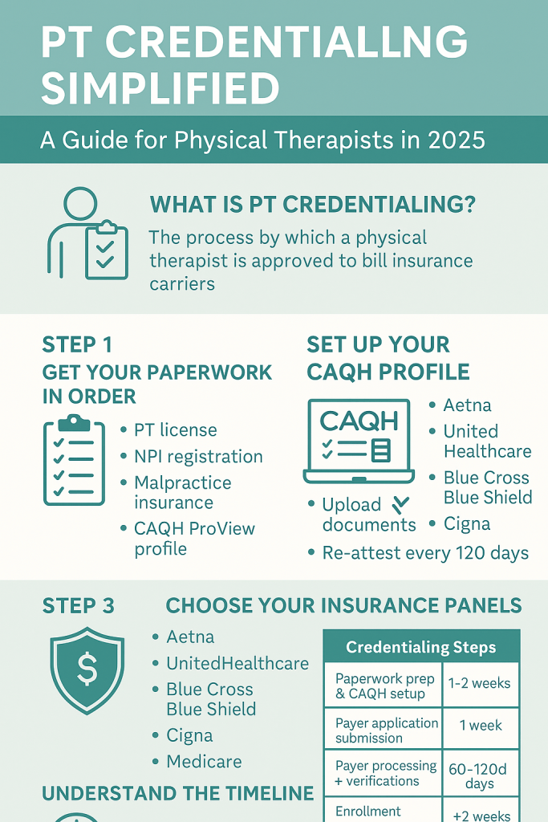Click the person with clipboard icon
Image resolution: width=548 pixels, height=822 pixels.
coord(87,234)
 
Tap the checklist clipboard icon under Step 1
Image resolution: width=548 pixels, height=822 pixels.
coord(74,460)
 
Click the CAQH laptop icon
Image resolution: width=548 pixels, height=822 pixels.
coord(359,442)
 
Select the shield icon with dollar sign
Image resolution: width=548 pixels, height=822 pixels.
coord(87,670)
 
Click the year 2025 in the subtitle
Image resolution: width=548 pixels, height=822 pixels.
coord(456,140)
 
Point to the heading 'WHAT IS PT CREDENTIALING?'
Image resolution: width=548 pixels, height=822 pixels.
coord(312,205)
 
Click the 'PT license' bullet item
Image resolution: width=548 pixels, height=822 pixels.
coord(175,430)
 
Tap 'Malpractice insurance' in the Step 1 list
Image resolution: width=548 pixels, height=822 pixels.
coord(182,492)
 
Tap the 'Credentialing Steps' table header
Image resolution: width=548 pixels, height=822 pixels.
coord(421,647)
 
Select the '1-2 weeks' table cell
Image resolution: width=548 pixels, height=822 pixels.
coord(479,683)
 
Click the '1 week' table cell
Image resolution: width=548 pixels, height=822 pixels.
coord(481,726)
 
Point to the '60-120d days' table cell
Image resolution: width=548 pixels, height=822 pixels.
coord(478,776)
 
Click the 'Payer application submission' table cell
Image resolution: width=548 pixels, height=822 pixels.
coord(387,730)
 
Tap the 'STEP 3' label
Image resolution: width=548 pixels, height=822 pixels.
coord(78,606)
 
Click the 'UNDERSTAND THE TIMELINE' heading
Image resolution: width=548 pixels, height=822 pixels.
coord(178,793)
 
